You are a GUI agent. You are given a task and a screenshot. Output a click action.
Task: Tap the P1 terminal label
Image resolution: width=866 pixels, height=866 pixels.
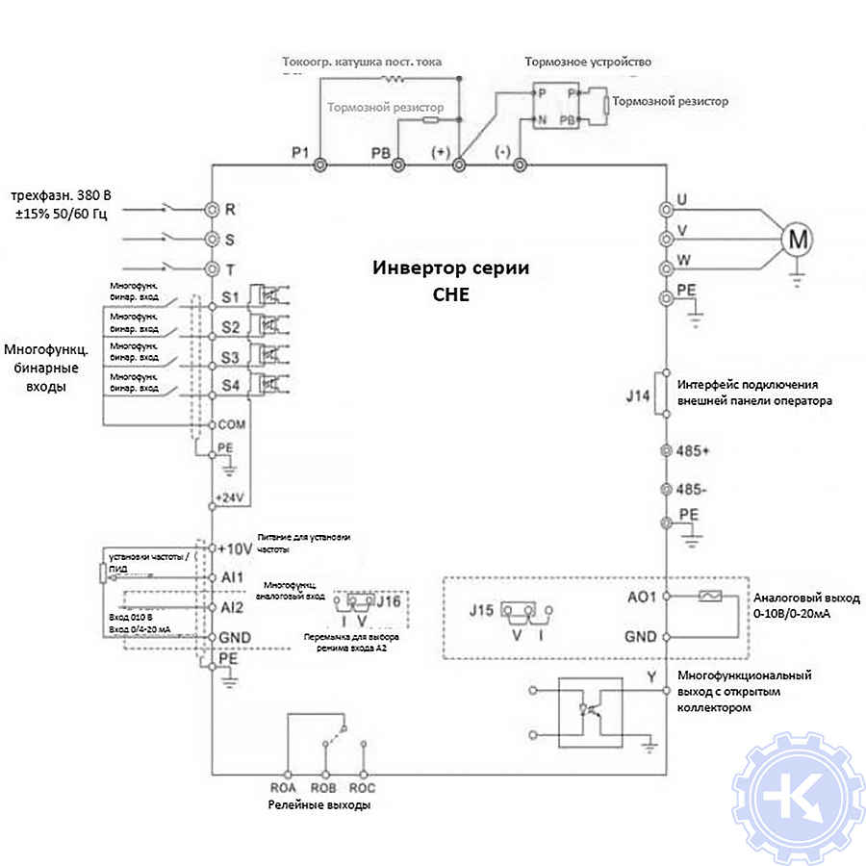tap(300, 152)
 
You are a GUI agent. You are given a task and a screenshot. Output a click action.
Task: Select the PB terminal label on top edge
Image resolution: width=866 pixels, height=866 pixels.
tap(382, 152)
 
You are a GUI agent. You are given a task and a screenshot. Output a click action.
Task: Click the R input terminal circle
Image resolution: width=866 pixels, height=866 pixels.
tap(212, 209)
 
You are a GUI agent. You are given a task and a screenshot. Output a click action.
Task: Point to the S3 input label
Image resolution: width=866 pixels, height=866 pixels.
tap(230, 357)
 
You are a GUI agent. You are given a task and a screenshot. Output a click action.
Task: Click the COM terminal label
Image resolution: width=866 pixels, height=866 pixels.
tap(233, 423)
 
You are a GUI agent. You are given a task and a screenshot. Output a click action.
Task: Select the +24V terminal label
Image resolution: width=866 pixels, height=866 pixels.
tap(231, 497)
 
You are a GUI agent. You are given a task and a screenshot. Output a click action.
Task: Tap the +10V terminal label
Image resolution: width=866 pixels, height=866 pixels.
tap(235, 548)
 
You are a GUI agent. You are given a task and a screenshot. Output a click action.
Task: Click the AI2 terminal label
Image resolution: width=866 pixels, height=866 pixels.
tap(231, 607)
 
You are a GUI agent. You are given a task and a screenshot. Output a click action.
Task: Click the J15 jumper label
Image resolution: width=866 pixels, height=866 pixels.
tap(481, 609)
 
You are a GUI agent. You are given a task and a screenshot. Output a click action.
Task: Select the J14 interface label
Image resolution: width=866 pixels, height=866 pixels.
tap(638, 394)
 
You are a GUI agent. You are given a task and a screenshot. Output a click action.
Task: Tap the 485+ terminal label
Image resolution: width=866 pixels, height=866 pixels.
tap(694, 450)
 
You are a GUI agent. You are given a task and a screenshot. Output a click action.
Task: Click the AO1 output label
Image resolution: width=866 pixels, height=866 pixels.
tap(641, 597)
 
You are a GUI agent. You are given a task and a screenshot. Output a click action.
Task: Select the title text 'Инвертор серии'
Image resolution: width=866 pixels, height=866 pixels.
tap(451, 268)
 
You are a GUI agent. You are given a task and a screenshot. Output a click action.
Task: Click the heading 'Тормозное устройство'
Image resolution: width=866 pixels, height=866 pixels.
tap(588, 62)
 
